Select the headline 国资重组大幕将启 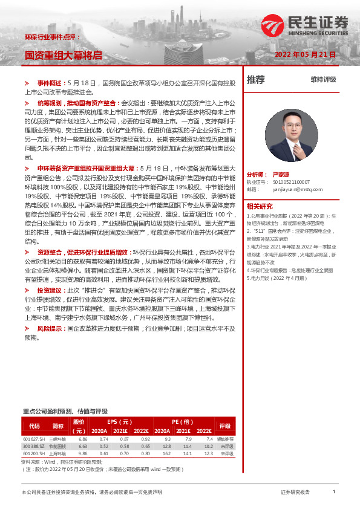tap(63, 54)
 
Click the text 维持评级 tap(323, 79)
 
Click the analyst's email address tap(293, 189)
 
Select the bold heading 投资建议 tap(50, 290)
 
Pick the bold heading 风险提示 tap(50, 328)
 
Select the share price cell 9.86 tap(83, 453)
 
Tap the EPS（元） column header tap(120, 421)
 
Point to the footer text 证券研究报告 tap(295, 493)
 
